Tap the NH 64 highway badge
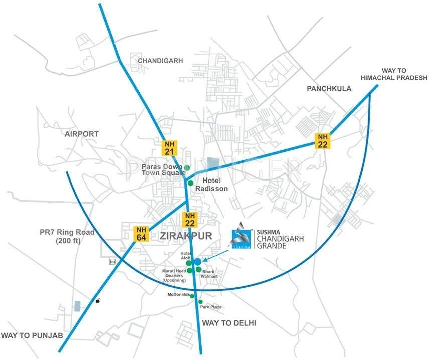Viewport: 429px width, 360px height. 140,234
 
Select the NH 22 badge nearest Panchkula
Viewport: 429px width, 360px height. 322,140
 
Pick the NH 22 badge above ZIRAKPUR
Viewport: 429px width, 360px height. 189,219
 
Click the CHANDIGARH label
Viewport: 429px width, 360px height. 160,60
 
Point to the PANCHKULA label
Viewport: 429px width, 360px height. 329,88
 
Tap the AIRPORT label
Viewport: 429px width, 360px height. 81,134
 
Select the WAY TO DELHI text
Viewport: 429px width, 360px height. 229,323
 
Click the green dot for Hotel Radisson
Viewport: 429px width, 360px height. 190,183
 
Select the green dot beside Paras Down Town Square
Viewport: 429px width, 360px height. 187,167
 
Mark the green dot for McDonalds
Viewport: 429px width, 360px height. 192,296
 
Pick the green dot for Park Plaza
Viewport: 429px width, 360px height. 200,302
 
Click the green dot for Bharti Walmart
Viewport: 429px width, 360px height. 199,269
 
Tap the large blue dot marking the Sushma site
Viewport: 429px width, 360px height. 197,261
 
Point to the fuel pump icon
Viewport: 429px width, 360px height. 98,301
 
